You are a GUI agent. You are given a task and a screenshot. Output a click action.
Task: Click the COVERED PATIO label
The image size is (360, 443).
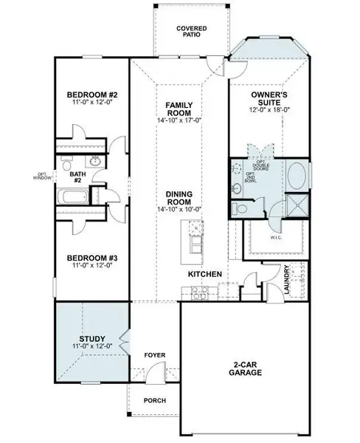point(191,32)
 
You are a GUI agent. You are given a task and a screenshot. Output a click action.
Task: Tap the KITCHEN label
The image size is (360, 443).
point(205,275)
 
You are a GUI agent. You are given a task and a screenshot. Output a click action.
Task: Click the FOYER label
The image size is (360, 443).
point(154,355)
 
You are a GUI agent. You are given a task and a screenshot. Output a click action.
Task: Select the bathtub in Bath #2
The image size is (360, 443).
point(72,197)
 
